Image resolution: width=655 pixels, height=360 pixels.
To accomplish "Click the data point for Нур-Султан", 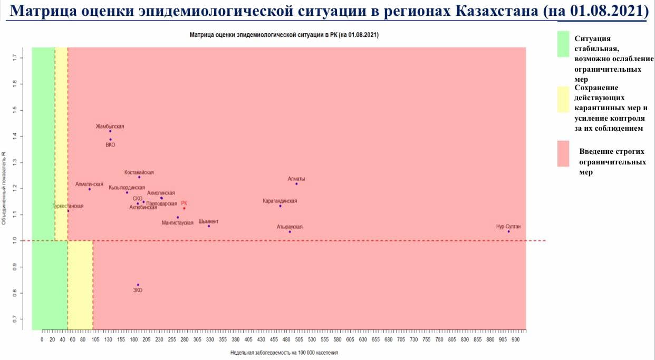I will (508, 231).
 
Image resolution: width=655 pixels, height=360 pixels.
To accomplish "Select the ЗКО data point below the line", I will (138, 285).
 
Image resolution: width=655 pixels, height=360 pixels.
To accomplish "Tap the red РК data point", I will (184, 208).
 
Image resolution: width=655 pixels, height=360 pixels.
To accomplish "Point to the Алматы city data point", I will (296, 184).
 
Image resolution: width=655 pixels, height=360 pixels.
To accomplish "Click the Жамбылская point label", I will (110, 127).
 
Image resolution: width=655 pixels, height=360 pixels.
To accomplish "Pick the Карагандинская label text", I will (280, 201).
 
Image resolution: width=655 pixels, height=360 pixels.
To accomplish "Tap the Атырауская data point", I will (290, 232).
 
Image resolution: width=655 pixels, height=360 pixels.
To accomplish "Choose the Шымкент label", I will (208, 221).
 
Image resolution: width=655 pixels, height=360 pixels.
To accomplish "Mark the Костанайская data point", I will (139, 177).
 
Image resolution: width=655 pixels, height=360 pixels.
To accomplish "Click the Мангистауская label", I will (177, 223).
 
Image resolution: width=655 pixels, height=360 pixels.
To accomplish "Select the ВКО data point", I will (110, 140).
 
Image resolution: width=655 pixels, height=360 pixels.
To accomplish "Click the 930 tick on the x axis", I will (515, 339).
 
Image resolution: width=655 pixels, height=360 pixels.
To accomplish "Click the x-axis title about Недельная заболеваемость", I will (284, 353).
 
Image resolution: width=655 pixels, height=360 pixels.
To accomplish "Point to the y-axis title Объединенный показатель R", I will (4, 188).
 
